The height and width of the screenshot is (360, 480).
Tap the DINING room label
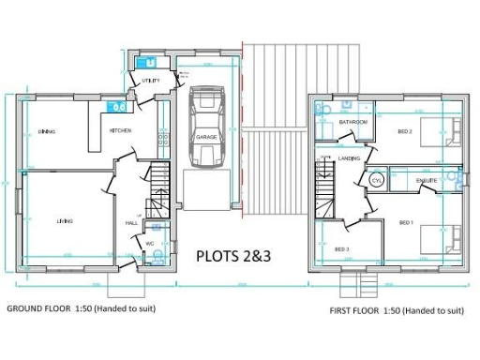(x=47, y=131)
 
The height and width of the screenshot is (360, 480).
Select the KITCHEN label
(x=120, y=130)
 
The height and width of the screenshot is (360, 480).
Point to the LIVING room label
(x=65, y=220)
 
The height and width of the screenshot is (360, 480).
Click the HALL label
(x=131, y=223)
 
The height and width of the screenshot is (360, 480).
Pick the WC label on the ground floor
(x=149, y=243)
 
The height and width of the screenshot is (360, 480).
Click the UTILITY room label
(x=151, y=81)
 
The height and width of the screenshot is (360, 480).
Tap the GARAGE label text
(x=206, y=137)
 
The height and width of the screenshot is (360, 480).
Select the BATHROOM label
(x=353, y=123)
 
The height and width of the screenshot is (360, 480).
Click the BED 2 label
(x=405, y=131)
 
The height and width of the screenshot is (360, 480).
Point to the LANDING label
(x=351, y=158)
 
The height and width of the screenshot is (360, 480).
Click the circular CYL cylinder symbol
(x=377, y=179)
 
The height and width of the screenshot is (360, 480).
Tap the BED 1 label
(x=406, y=222)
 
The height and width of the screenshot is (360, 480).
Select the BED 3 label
(x=341, y=248)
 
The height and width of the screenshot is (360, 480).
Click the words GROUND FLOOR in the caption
(x=38, y=308)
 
